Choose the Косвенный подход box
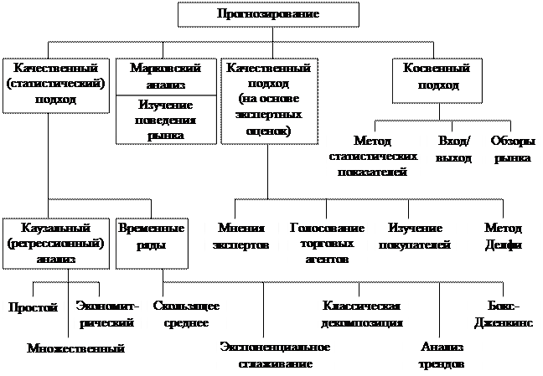[436, 78]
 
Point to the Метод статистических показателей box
[373, 157]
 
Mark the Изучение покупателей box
[415, 237]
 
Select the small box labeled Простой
[33, 308]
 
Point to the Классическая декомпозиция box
[364, 313]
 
